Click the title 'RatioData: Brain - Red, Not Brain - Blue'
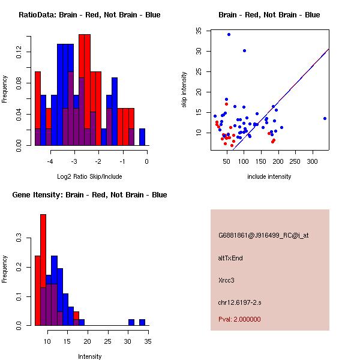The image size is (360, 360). pyautogui.click(x=89, y=15)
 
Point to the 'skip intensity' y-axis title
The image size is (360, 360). pyautogui.click(x=184, y=90)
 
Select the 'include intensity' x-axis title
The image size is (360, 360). pyautogui.click(x=269, y=176)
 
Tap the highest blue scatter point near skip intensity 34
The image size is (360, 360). pyautogui.click(x=229, y=34)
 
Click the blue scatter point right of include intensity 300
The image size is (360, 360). pyautogui.click(x=325, y=118)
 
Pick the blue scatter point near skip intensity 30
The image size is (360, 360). pyautogui.click(x=244, y=50)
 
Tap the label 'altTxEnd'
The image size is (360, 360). pyautogui.click(x=230, y=258)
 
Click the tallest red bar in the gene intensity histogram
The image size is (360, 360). pyautogui.click(x=43, y=270)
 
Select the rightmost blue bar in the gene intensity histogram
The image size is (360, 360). pyautogui.click(x=142, y=322)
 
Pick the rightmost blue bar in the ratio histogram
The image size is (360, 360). pyautogui.click(x=142, y=137)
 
